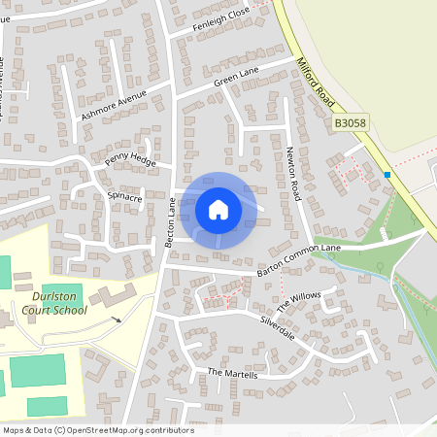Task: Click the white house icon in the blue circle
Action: pyautogui.click(x=218, y=210)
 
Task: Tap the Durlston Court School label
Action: pyautogui.click(x=55, y=303)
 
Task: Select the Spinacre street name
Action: pyautogui.click(x=125, y=197)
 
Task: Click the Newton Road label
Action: pyautogui.click(x=294, y=175)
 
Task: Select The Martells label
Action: pyautogui.click(x=232, y=374)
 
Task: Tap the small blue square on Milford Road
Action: pyautogui.click(x=387, y=175)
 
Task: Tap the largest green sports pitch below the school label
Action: pyautogui.click(x=37, y=371)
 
